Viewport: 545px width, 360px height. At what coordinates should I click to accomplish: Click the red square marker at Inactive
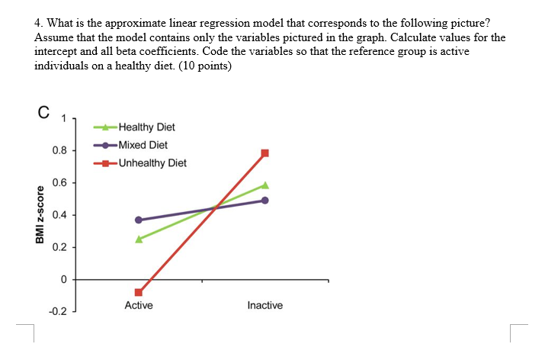265,153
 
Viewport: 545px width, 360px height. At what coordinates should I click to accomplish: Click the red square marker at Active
139,292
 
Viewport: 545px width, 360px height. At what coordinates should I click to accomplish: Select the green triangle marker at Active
139,239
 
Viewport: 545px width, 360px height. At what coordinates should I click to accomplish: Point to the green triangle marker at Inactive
265,185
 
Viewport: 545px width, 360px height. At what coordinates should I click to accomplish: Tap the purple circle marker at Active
139,220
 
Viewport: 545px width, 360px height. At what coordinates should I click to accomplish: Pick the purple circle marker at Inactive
265,201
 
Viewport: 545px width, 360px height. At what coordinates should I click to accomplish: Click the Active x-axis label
139,306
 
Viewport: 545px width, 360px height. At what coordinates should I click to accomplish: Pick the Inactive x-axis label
265,306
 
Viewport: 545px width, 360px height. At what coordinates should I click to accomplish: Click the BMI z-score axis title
37,218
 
